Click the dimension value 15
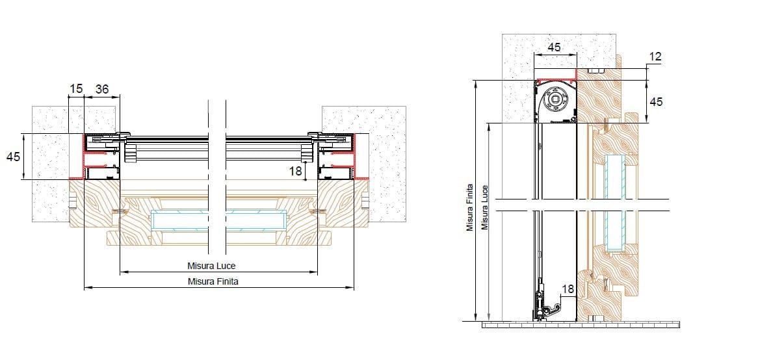click(x=76, y=89)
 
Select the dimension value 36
click(x=102, y=89)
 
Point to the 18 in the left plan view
click(x=295, y=170)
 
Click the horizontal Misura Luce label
click(x=211, y=266)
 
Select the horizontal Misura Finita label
click(x=213, y=282)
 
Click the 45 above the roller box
click(x=554, y=47)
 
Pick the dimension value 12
click(x=655, y=57)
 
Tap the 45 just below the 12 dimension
click(x=656, y=101)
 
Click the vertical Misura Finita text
click(x=470, y=208)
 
